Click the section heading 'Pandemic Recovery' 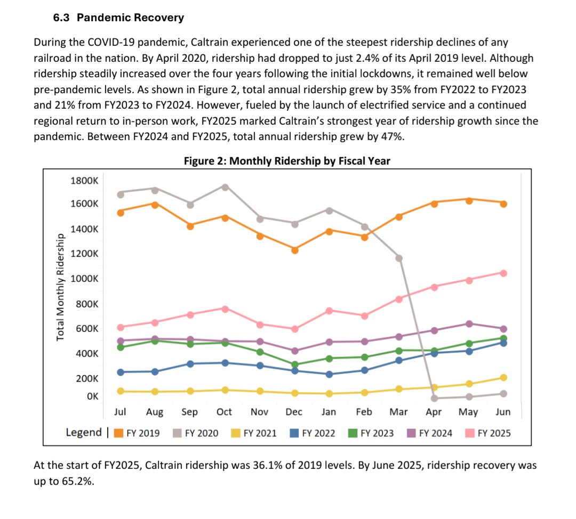coord(130,18)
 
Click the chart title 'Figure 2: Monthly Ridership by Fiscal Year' coord(287,160)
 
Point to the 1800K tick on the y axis coord(84,180)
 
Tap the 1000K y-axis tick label coord(84,279)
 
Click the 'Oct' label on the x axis coord(225,412)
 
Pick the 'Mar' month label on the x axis coord(398,412)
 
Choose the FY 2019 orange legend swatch coord(119,433)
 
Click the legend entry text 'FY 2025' coord(493,433)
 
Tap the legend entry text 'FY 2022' coord(318,433)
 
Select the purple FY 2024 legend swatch coord(411,433)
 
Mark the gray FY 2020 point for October coord(225,187)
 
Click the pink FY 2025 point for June coord(503,273)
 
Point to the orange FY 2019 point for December coord(294,249)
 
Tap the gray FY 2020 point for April coord(434,398)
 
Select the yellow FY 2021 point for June coord(503,377)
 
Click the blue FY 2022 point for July coord(121,372)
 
